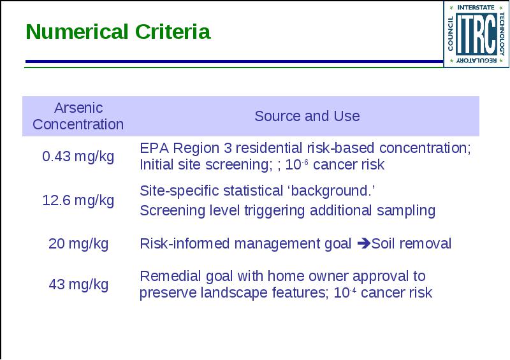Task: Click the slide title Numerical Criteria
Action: coord(118,32)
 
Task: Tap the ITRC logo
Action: coord(476,34)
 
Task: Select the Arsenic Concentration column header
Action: coord(78,116)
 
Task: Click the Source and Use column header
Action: coord(307,116)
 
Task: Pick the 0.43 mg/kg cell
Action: coord(78,156)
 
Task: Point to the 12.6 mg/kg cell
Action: coord(78,200)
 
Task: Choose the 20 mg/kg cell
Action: coord(78,244)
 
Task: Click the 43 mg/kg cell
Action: coord(78,285)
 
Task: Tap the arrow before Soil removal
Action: coord(364,243)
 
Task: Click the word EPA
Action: coord(154,148)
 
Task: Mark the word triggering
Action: coord(274,211)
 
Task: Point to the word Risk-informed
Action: coord(185,243)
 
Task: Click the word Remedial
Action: coord(170,276)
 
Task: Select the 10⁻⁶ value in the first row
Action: coord(296,164)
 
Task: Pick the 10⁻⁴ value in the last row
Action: coord(345,292)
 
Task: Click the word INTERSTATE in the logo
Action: coord(476,7)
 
